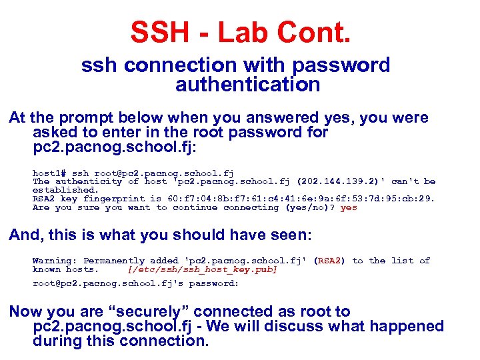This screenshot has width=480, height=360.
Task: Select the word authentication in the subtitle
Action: tap(247, 85)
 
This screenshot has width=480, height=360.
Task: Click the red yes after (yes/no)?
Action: tap(349, 207)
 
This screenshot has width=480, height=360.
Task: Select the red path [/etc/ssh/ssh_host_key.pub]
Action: tap(202, 269)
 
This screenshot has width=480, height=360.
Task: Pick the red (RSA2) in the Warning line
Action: tap(329, 261)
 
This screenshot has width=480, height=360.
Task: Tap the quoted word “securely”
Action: tap(151, 311)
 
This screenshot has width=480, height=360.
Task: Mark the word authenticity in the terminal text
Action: tap(89, 181)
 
